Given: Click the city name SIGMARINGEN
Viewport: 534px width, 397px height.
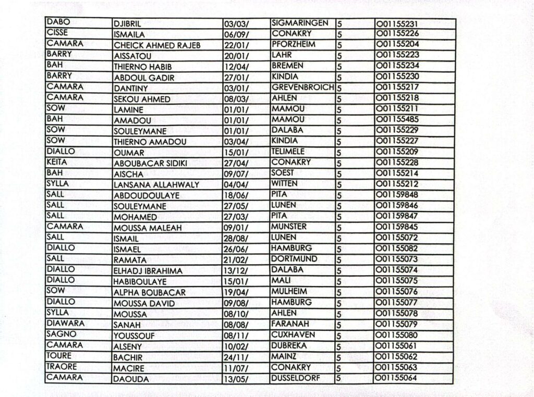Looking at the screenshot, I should [x=300, y=23].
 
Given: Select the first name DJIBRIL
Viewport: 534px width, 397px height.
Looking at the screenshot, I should [x=128, y=24].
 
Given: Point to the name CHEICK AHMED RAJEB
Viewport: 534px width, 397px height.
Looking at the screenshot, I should [x=157, y=45].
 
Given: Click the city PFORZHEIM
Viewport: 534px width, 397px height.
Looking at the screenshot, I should [x=294, y=44].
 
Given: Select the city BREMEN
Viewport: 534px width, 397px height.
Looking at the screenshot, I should [x=286, y=66].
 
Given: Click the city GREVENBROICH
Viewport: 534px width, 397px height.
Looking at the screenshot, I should [x=302, y=87].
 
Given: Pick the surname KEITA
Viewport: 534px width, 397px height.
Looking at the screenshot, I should [x=57, y=162].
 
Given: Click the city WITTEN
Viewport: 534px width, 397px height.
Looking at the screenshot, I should [x=285, y=183].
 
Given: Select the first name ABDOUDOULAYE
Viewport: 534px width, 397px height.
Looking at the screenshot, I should [x=147, y=195].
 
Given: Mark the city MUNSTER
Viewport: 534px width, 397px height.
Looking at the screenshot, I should [x=289, y=227].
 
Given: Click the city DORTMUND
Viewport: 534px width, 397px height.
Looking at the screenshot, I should [x=294, y=258].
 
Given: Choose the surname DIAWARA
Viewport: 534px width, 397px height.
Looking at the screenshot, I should [x=65, y=323].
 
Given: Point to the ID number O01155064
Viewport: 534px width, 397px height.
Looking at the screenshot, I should [x=396, y=378].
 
